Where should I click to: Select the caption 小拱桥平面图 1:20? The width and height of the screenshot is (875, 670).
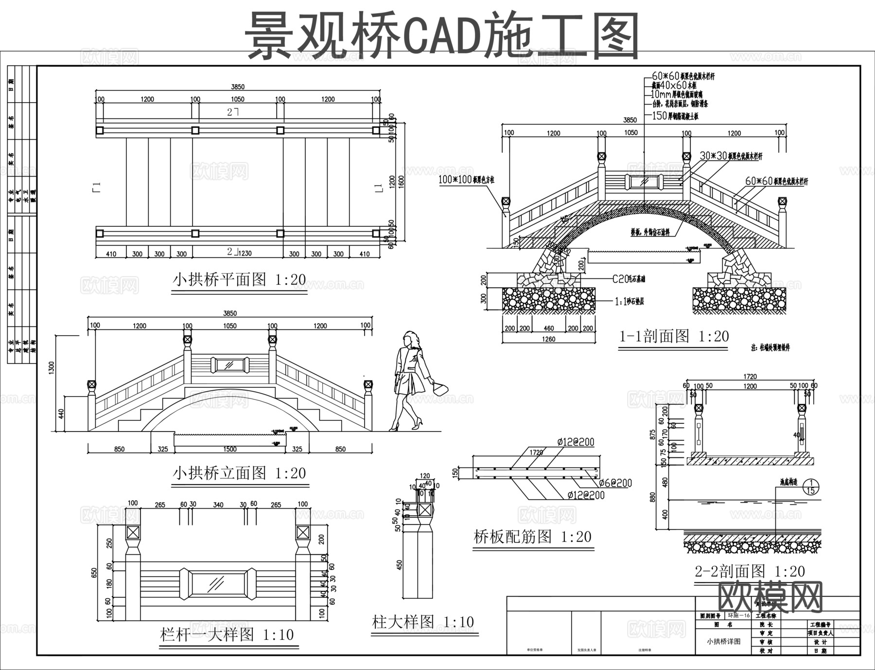[239, 280]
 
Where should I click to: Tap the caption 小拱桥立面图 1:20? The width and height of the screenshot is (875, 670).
[239, 473]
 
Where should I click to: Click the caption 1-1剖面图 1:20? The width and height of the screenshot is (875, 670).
[674, 336]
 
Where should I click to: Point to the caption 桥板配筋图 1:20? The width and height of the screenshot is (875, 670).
[532, 537]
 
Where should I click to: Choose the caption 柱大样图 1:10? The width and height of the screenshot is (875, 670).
[422, 621]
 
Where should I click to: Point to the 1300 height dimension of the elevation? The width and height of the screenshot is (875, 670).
[52, 368]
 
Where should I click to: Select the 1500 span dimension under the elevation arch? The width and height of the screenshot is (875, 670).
[229, 449]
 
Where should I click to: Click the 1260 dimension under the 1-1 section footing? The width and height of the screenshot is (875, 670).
[548, 339]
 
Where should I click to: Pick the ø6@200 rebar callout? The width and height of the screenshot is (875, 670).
[615, 483]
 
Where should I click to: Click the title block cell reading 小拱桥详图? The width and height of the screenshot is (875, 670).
[723, 641]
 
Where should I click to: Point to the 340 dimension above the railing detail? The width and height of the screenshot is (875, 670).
[218, 505]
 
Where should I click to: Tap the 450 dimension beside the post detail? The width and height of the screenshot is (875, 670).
[400, 565]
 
